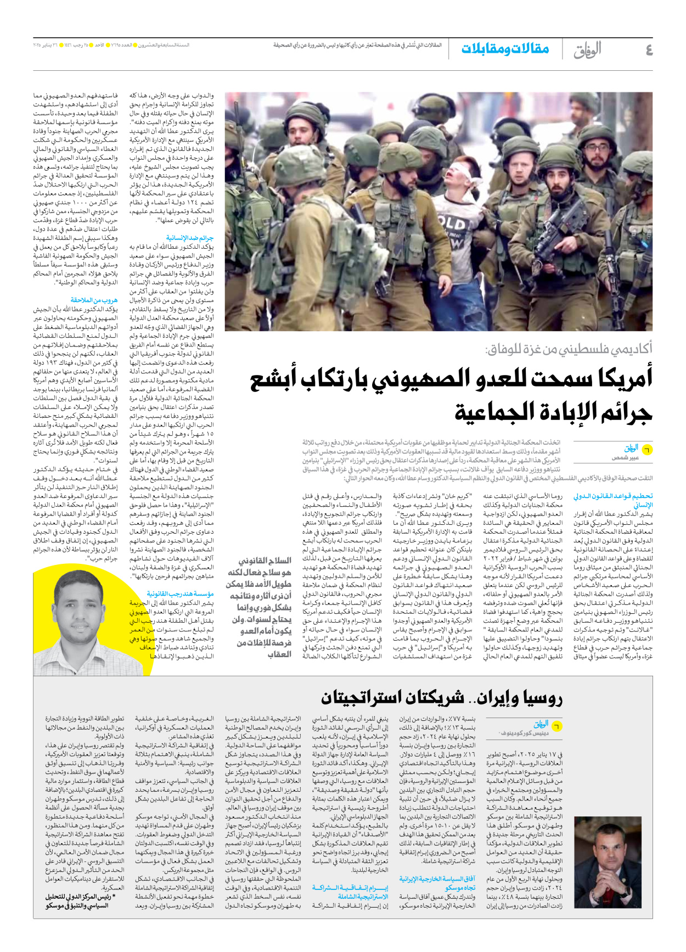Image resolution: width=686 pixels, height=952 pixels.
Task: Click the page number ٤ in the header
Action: click(649, 50)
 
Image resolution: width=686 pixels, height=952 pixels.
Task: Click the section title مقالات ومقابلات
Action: click(505, 49)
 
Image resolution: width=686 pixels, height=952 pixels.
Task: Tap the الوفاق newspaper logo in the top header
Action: click(587, 50)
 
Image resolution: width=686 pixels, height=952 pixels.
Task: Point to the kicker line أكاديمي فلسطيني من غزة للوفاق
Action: click(569, 348)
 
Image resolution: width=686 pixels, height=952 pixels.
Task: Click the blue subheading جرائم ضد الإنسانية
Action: click(190, 238)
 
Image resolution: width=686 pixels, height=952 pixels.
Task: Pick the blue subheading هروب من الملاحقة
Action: click(94, 300)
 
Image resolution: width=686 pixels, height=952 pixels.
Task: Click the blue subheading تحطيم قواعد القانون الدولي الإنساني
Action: click(613, 500)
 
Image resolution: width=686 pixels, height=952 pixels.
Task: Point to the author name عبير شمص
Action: click(625, 457)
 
